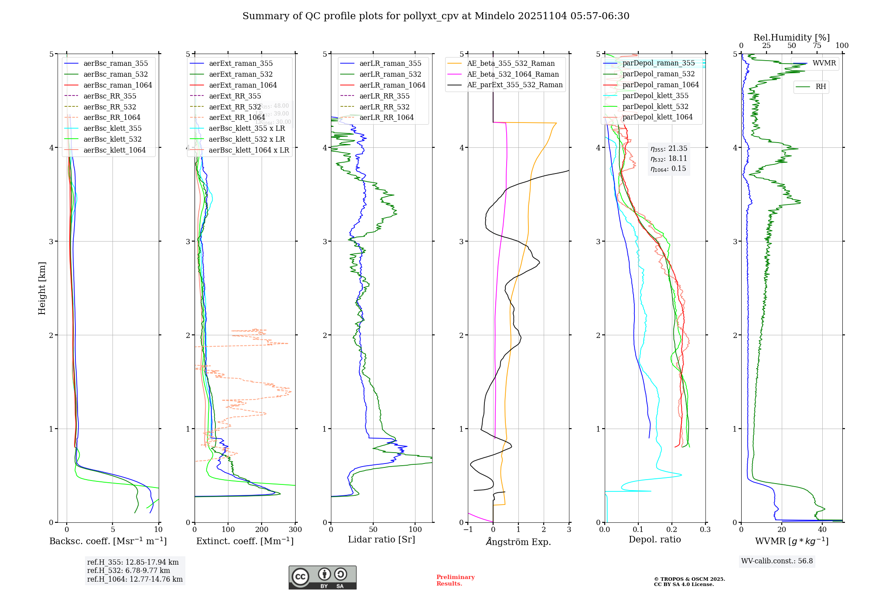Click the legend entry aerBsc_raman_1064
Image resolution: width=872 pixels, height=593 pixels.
(x=118, y=85)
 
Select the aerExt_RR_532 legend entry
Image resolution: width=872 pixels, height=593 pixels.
(x=235, y=107)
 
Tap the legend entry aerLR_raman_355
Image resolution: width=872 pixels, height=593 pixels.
(x=390, y=64)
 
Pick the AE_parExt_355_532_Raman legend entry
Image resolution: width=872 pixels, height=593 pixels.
(x=514, y=85)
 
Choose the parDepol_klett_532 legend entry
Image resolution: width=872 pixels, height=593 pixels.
(x=655, y=106)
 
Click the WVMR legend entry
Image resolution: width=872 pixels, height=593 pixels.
(x=824, y=63)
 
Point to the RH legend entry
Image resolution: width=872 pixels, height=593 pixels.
(x=821, y=87)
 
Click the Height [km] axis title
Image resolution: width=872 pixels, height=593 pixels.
(x=42, y=288)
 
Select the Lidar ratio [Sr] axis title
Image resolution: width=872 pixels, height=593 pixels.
(x=381, y=540)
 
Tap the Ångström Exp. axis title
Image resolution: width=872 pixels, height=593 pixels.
(x=518, y=542)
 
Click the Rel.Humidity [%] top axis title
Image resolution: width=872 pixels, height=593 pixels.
(x=791, y=37)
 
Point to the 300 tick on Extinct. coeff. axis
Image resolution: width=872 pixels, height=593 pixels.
(x=296, y=530)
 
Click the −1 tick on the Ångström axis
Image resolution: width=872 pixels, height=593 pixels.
(x=468, y=530)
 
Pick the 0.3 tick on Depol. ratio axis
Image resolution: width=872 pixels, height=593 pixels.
(x=705, y=530)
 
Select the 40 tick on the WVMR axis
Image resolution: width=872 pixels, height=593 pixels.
(x=822, y=530)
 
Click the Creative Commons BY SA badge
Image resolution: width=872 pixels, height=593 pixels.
(x=322, y=577)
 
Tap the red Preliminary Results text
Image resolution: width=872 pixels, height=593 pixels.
(x=455, y=580)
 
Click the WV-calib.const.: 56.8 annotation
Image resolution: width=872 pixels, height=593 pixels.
(x=777, y=561)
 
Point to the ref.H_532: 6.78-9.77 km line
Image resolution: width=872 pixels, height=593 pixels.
(x=129, y=571)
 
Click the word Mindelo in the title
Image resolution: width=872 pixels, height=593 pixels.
(x=494, y=16)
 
